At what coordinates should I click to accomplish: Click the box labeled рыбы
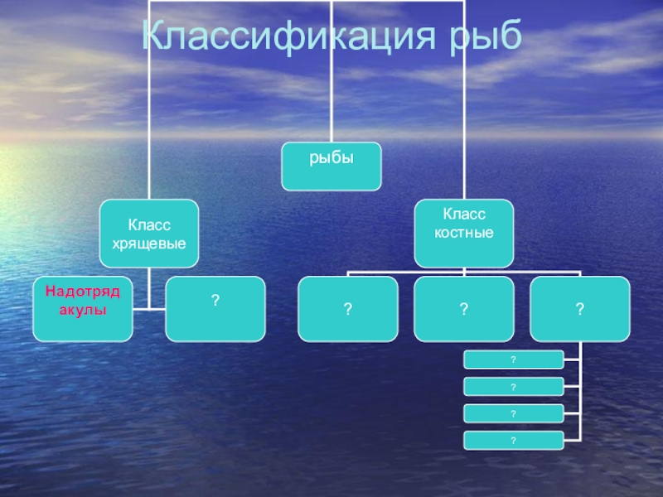[331, 166]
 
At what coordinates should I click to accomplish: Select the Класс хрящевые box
[149, 233]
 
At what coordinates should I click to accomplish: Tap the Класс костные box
[464, 233]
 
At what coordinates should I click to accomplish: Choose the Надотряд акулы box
[83, 309]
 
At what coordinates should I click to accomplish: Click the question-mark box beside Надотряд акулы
[215, 309]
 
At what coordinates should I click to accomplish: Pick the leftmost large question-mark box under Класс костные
[348, 309]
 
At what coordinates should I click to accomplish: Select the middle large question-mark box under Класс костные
[464, 309]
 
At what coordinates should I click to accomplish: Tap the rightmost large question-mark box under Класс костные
[580, 309]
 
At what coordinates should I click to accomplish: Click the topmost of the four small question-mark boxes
[514, 359]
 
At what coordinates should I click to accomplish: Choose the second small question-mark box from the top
[514, 386]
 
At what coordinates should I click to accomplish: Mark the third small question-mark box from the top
[514, 413]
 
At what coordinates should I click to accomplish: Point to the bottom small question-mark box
[514, 440]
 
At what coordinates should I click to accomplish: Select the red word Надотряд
[83, 292]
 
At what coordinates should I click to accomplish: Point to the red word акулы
[83, 310]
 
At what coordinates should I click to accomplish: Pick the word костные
[464, 234]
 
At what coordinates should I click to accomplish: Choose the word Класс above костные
[464, 215]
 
